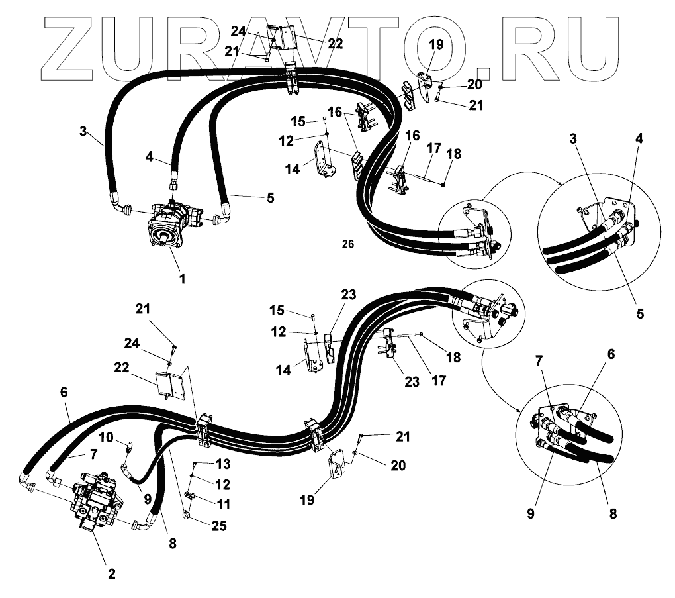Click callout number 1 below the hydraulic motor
click(182, 279)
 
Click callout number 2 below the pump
click(111, 573)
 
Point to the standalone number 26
click(348, 244)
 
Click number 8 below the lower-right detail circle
click(613, 513)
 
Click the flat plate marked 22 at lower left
click(169, 385)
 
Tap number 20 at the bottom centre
click(398, 465)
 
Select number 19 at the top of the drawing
click(435, 46)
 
